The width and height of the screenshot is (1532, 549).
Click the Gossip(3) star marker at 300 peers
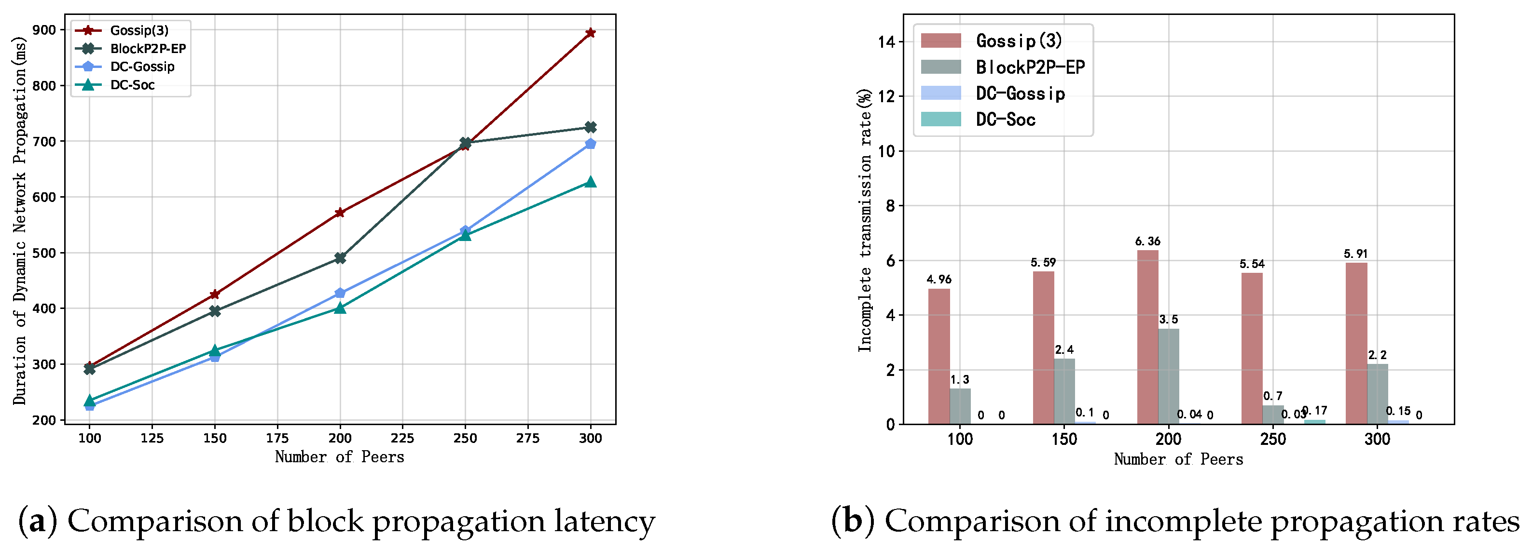(590, 33)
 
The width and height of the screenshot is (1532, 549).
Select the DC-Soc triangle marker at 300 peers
(590, 182)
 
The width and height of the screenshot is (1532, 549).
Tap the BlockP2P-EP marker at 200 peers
(340, 258)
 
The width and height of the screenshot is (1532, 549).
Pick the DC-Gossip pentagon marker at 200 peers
(340, 293)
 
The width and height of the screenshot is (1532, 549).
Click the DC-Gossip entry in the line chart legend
(142, 67)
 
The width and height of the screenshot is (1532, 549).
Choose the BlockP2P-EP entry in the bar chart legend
(1030, 67)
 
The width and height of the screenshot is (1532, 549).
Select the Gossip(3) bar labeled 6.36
(1147, 337)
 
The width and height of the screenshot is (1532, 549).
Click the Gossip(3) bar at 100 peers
(939, 357)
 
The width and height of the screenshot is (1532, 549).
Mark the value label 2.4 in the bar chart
(1064, 350)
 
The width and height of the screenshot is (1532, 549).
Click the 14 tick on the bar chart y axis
(886, 41)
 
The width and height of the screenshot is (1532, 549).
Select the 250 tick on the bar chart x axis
(1273, 440)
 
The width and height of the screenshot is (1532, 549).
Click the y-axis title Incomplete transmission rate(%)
(865, 220)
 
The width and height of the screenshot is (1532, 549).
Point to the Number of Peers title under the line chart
(339, 457)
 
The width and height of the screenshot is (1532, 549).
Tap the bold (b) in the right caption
(853, 521)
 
